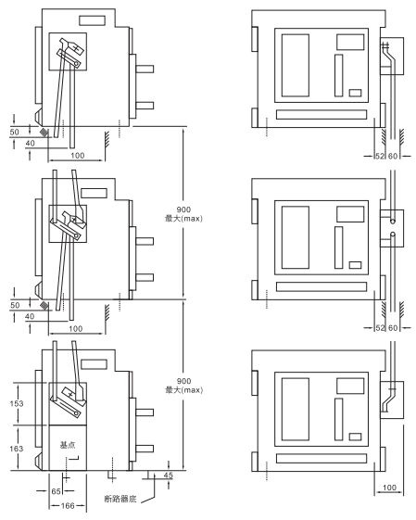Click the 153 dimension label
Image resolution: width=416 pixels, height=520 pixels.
pyautogui.click(x=17, y=403)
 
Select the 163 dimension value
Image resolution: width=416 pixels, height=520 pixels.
pyautogui.click(x=17, y=449)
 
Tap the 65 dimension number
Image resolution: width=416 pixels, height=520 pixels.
pyautogui.click(x=56, y=491)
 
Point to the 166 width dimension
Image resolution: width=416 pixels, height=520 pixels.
pyautogui.click(x=68, y=506)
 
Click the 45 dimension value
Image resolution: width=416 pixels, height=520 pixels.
pyautogui.click(x=168, y=476)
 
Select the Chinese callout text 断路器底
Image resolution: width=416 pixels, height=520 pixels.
pyautogui.click(x=120, y=499)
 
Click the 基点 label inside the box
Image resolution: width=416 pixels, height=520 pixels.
pyautogui.click(x=68, y=445)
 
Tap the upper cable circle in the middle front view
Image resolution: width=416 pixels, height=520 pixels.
pyautogui.click(x=393, y=221)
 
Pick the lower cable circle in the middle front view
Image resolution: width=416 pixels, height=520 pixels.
pyautogui.click(x=393, y=235)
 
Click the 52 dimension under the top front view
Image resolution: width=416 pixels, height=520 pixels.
pyautogui.click(x=380, y=156)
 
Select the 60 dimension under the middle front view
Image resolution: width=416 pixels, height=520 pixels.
pyautogui.click(x=393, y=328)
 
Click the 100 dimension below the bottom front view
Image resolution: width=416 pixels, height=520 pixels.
pyautogui.click(x=389, y=488)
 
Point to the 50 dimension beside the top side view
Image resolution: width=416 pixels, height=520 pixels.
pyautogui.click(x=14, y=132)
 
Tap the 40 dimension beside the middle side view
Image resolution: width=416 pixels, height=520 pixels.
pyautogui.click(x=30, y=316)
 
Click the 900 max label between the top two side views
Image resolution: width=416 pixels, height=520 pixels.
pyautogui.click(x=183, y=214)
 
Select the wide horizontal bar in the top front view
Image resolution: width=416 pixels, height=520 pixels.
pyautogui.click(x=321, y=114)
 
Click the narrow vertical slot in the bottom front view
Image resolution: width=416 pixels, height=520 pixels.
pyautogui.click(x=338, y=419)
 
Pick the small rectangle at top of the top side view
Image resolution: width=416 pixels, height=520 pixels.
pyautogui.click(x=92, y=20)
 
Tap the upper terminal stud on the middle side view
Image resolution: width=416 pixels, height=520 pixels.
pyautogui.click(x=145, y=241)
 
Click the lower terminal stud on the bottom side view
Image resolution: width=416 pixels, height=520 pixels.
pyautogui.click(x=145, y=449)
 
